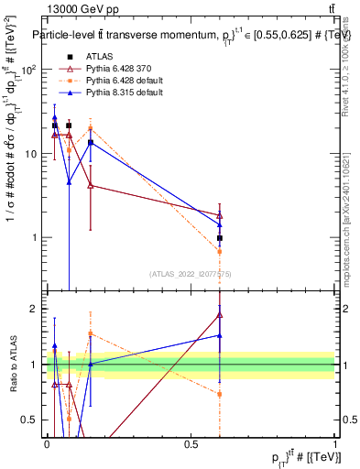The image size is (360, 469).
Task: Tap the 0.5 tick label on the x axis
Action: point(191,443)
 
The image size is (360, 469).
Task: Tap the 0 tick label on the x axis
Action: point(47,443)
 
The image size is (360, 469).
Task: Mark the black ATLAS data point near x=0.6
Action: point(220,238)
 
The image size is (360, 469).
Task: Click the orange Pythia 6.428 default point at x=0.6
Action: point(220,251)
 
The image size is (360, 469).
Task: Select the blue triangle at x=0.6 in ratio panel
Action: point(220,335)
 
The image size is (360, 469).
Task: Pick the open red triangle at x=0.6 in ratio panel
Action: point(220,314)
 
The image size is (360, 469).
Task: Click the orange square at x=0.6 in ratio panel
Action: point(220,394)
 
